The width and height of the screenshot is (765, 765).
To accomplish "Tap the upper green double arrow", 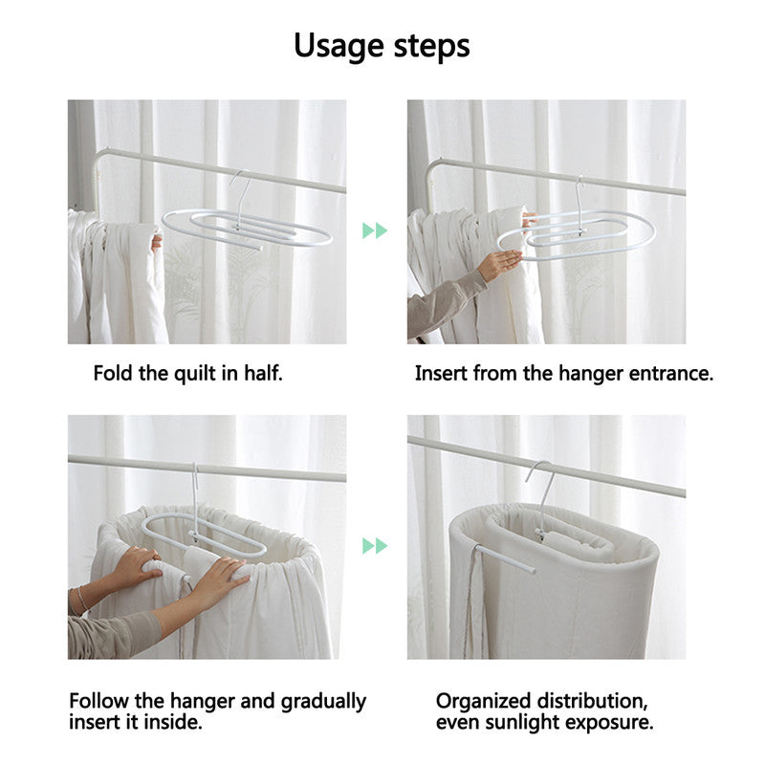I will click(x=375, y=230).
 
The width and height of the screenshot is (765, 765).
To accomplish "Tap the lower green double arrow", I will click(x=375, y=546).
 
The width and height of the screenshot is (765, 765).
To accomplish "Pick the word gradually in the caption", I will click(x=323, y=701).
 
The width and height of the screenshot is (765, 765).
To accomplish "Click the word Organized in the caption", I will click(x=485, y=701).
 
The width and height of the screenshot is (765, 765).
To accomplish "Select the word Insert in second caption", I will click(x=439, y=373).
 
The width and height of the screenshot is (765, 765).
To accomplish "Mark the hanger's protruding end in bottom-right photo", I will click(x=504, y=559).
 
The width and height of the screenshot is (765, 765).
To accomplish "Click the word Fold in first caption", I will click(x=113, y=373).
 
